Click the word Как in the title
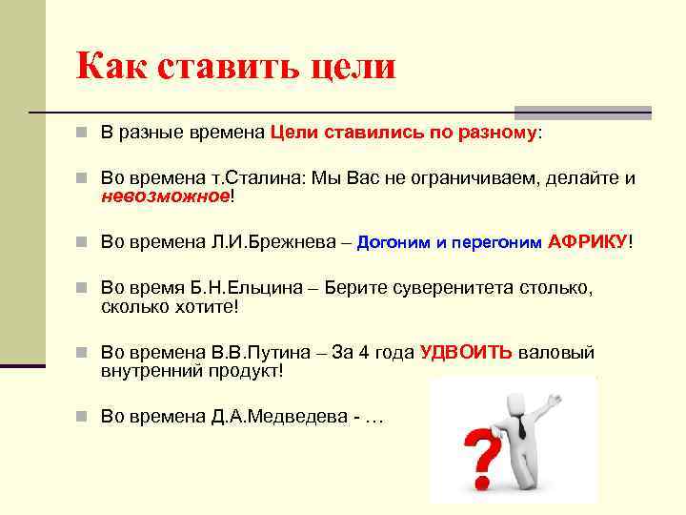click(x=111, y=66)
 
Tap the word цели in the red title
click(x=353, y=68)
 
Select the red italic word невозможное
click(x=166, y=196)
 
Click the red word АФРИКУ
click(x=587, y=241)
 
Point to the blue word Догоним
click(x=393, y=242)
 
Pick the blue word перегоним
click(x=496, y=243)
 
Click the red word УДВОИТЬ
click(x=466, y=352)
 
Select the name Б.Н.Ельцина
click(x=246, y=288)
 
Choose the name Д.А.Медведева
click(x=279, y=416)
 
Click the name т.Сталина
click(x=256, y=177)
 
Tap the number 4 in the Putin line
click(x=364, y=352)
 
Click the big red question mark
click(x=482, y=456)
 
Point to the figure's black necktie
click(x=520, y=425)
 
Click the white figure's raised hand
click(x=555, y=399)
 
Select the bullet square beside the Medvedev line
click(x=81, y=416)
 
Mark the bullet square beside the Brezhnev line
click(x=81, y=241)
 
